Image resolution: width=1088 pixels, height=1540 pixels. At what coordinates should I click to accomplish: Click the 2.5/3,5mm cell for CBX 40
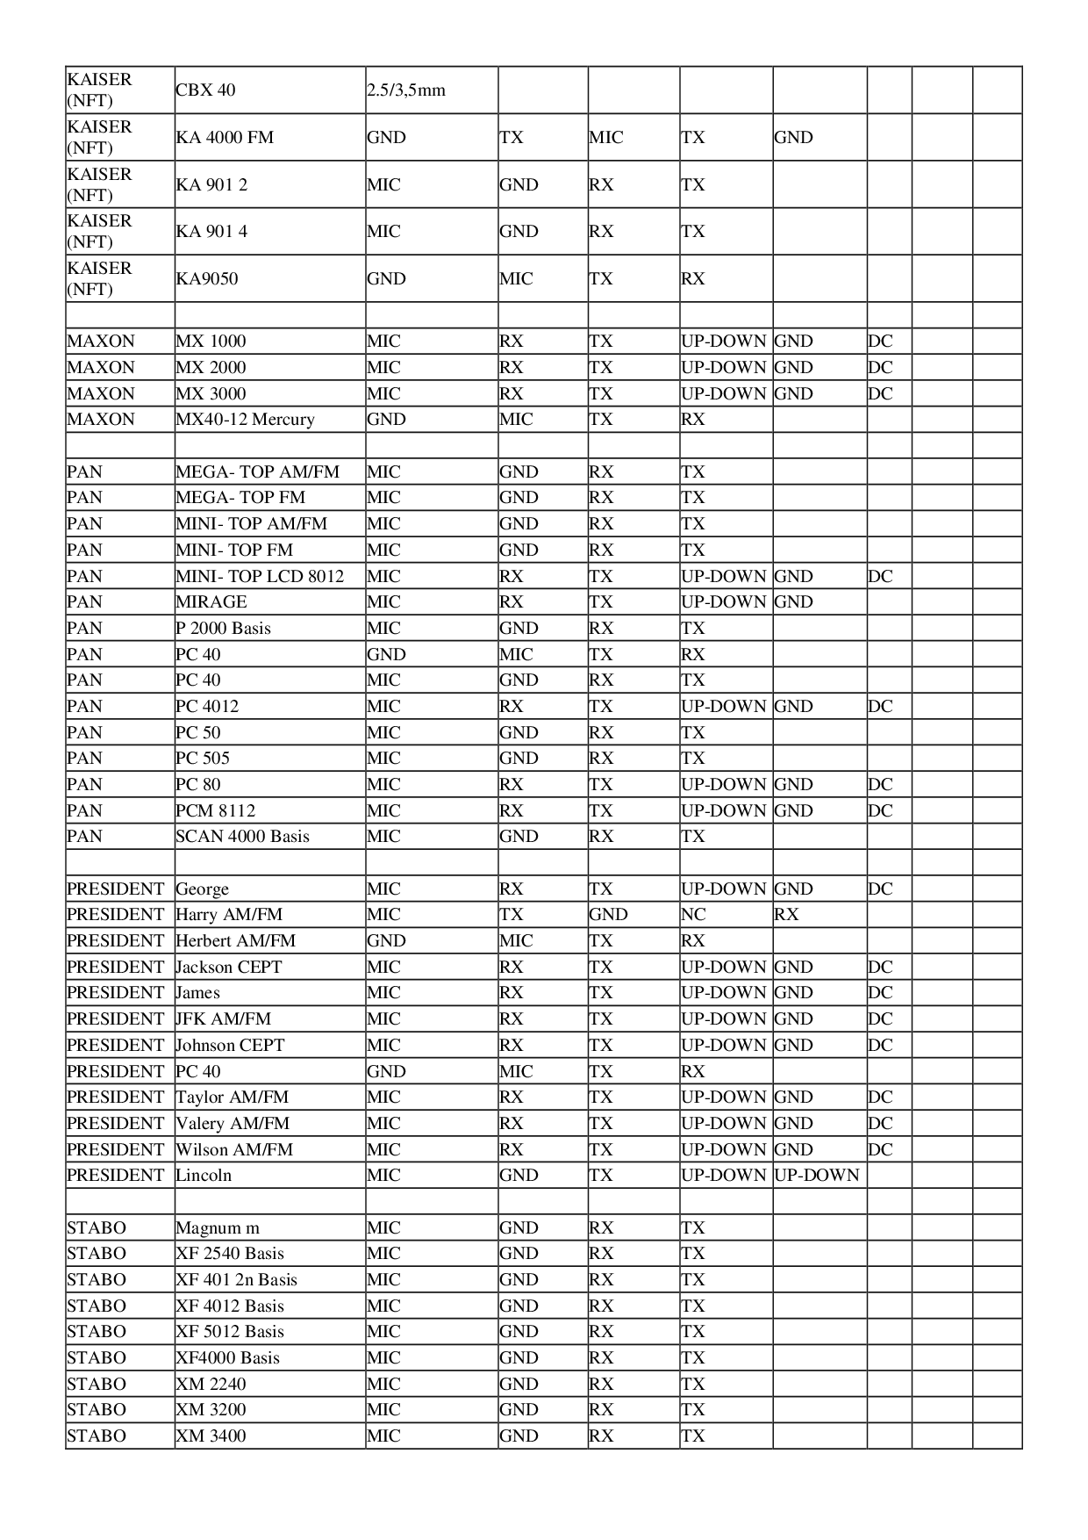pyautogui.click(x=406, y=90)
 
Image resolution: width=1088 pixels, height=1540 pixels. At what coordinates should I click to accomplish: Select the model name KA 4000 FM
pyautogui.click(x=225, y=138)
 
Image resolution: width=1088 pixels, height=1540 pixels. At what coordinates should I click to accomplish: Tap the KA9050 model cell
pyautogui.click(x=207, y=279)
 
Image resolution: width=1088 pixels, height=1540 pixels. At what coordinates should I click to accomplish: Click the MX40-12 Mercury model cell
pyautogui.click(x=245, y=420)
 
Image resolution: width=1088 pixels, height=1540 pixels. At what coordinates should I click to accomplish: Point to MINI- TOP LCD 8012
pyautogui.click(x=260, y=577)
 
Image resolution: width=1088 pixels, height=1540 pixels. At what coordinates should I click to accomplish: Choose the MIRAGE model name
pyautogui.click(x=211, y=602)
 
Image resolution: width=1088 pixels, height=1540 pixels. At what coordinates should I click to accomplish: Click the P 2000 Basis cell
pyautogui.click(x=223, y=629)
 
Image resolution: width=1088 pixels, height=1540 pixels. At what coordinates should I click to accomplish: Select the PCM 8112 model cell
pyautogui.click(x=216, y=811)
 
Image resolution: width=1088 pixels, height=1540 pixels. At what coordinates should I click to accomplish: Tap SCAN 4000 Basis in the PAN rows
pyautogui.click(x=242, y=837)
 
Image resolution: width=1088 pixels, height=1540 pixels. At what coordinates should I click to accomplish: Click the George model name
pyautogui.click(x=202, y=889)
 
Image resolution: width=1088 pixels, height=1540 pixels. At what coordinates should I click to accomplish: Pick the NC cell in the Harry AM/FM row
pyautogui.click(x=693, y=915)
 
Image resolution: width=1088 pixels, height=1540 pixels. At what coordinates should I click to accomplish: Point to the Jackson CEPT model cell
pyautogui.click(x=229, y=968)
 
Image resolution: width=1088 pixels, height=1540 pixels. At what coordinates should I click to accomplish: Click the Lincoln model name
pyautogui.click(x=204, y=1176)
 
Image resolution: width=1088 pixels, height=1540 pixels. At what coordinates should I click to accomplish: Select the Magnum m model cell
pyautogui.click(x=218, y=1228)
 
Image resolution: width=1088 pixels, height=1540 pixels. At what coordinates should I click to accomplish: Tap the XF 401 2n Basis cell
pyautogui.click(x=236, y=1280)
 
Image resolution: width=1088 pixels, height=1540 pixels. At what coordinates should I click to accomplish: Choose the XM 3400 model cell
pyautogui.click(x=211, y=1436)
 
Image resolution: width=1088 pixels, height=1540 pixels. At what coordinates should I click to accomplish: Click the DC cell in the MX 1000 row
pyautogui.click(x=880, y=342)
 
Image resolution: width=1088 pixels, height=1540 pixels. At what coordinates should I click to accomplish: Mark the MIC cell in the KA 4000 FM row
pyautogui.click(x=605, y=138)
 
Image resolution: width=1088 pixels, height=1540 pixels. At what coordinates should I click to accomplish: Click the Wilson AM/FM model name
pyautogui.click(x=234, y=1150)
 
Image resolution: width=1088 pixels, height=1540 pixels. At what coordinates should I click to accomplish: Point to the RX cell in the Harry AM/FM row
pyautogui.click(x=787, y=915)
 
